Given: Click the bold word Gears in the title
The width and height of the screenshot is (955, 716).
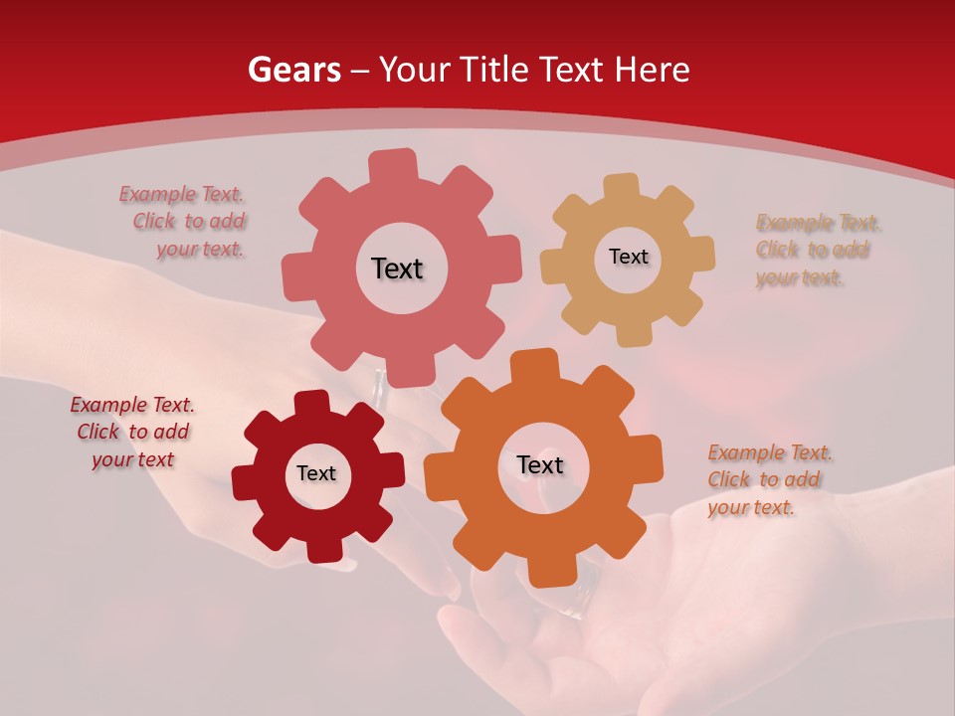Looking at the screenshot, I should tap(294, 70).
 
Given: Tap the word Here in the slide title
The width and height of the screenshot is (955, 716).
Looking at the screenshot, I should tap(652, 70).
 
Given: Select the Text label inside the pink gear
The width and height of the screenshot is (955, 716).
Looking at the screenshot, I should tap(397, 268).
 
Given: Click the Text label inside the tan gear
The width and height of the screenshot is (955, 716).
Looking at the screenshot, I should tap(628, 257).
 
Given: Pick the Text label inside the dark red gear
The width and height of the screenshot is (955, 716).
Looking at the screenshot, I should tap(316, 473).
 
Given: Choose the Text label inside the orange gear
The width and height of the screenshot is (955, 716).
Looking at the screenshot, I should tap(540, 464).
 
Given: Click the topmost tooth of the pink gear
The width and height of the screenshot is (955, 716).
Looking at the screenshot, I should tap(393, 165).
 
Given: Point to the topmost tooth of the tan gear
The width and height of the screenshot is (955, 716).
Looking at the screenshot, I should tap(622, 188).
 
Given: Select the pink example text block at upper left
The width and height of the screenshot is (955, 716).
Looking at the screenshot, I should tap(183, 222).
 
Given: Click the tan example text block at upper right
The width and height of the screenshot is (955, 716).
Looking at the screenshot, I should tap(818, 250).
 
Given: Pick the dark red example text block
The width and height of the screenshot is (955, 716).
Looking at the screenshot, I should tap(131, 432).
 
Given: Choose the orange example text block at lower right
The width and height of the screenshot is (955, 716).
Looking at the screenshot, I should tap(770, 479).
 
